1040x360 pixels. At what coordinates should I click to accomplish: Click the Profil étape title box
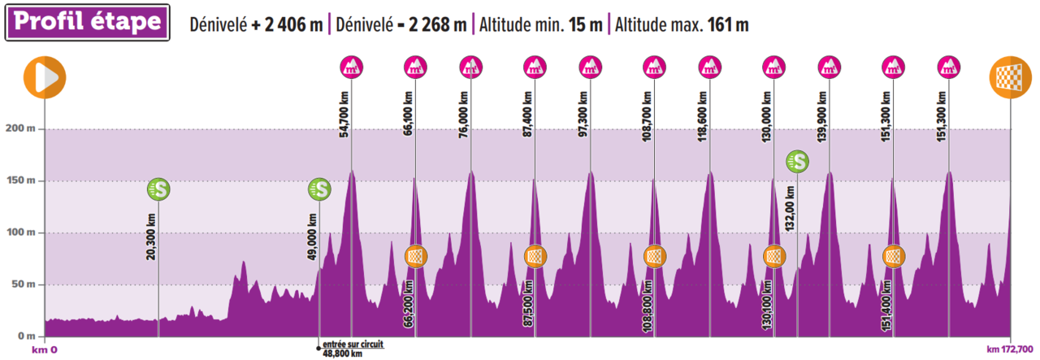[89, 24]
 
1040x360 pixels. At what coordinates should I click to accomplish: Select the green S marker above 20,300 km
[158, 189]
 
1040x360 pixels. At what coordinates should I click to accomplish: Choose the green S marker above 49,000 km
[319, 189]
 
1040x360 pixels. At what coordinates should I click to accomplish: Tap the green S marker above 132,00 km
[798, 162]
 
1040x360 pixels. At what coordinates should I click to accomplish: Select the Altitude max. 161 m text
[681, 24]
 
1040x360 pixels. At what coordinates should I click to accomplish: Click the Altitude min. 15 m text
[540, 24]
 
